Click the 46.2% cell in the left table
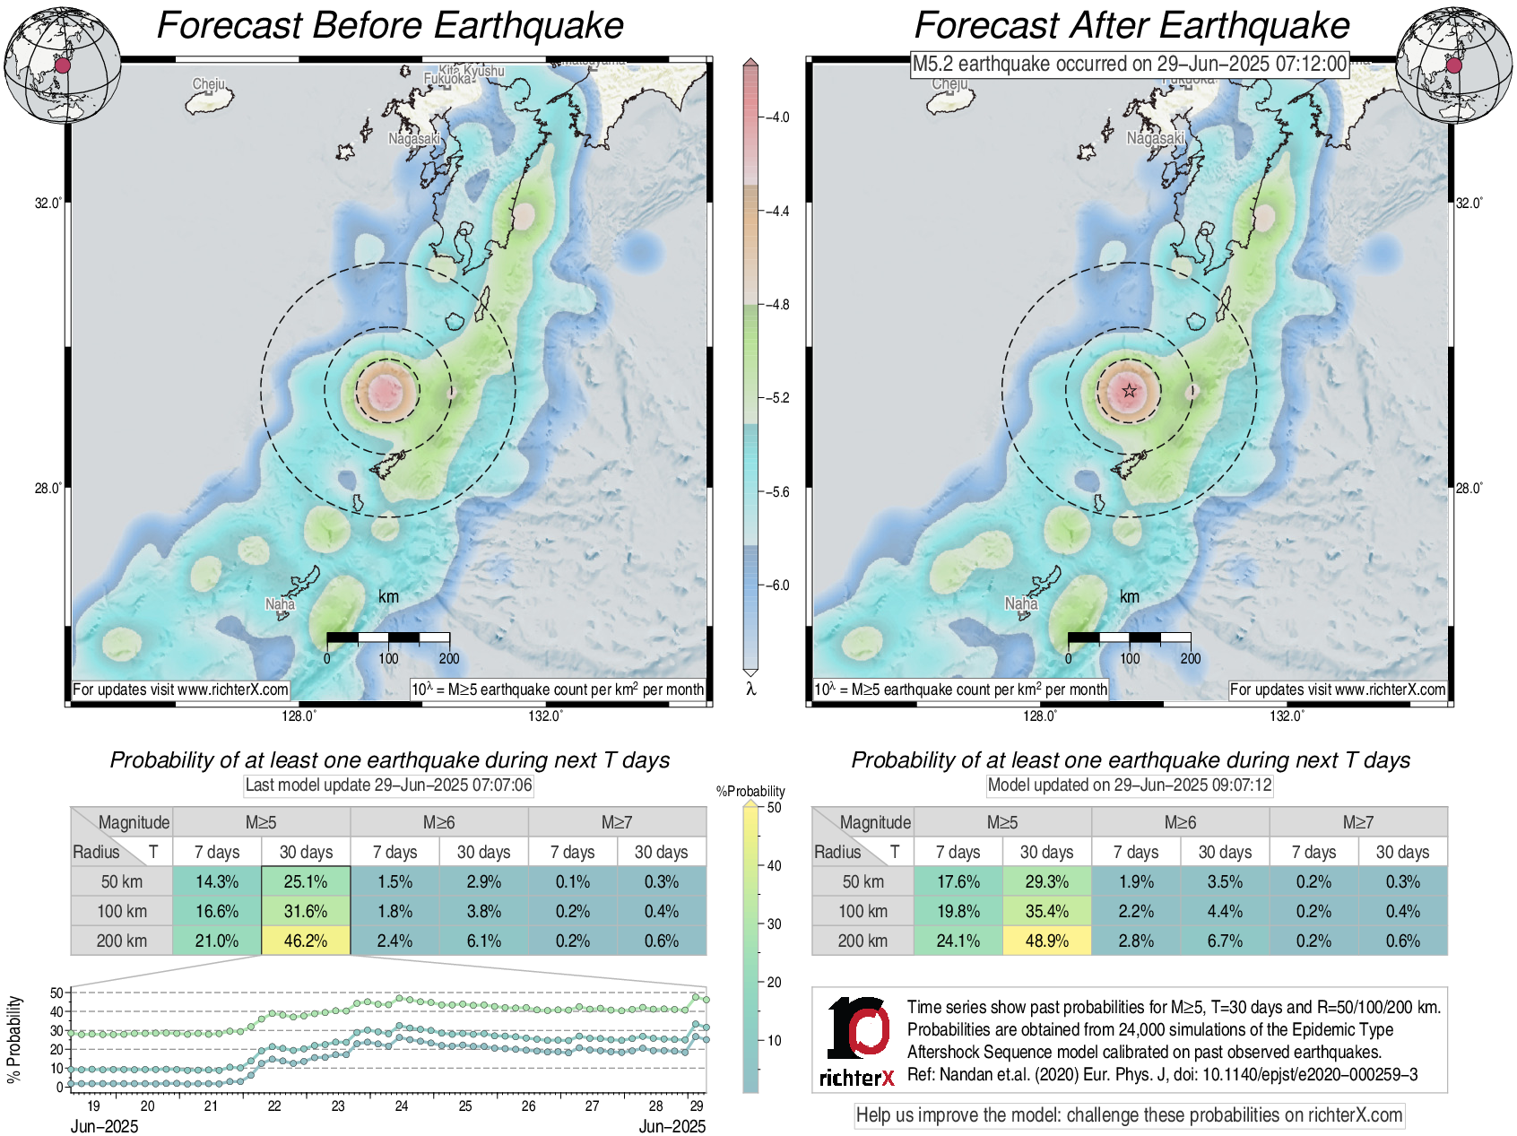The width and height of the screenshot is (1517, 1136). (x=305, y=941)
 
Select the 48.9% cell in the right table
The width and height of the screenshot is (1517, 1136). (x=1046, y=941)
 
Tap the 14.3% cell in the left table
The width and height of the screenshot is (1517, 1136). (x=217, y=881)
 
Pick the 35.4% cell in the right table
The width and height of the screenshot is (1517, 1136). (x=1046, y=911)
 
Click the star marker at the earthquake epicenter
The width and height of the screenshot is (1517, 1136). (x=1129, y=391)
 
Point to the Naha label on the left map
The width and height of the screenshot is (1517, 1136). (x=280, y=603)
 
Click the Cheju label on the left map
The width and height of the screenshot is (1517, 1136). (x=209, y=84)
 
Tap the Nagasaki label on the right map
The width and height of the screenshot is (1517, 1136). (x=1155, y=138)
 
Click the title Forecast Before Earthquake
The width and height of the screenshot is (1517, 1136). (x=390, y=25)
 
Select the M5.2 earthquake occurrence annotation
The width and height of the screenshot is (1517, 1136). (x=1129, y=64)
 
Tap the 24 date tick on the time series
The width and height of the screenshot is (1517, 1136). (x=402, y=1106)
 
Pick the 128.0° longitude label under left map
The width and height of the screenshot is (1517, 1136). (x=299, y=715)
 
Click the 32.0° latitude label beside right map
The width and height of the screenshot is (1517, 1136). (x=1469, y=203)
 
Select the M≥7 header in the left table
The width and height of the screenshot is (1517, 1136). (x=617, y=822)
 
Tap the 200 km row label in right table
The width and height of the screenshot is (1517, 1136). (x=863, y=941)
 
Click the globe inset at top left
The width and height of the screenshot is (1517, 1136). (x=63, y=65)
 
